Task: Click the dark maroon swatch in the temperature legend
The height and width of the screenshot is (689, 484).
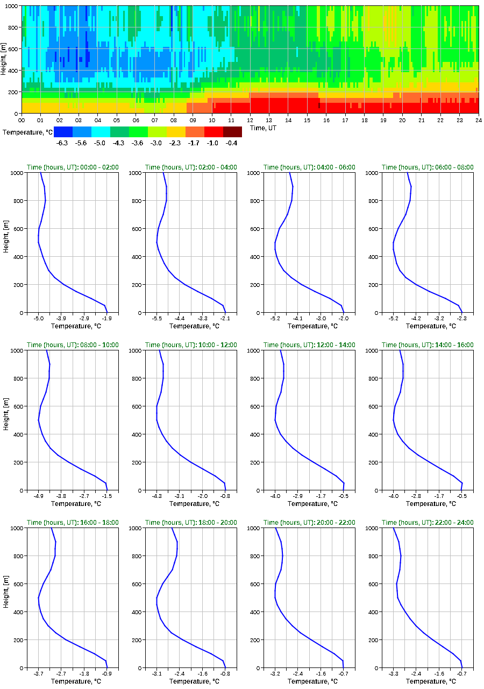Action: (x=232, y=131)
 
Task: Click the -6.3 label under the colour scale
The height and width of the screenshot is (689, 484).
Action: (x=62, y=143)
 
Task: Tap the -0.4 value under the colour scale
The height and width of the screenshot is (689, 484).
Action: (x=232, y=143)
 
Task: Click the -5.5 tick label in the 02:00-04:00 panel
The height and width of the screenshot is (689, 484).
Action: (x=157, y=319)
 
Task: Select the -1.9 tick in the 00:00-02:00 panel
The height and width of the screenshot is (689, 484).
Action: (x=106, y=319)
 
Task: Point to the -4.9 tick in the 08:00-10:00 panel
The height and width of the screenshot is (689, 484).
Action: (x=39, y=496)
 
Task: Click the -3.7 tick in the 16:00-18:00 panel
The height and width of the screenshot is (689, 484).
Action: (x=39, y=673)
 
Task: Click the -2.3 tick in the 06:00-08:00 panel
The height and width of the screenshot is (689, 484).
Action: (x=461, y=319)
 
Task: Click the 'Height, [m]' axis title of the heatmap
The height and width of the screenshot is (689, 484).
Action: (x=4, y=59)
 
